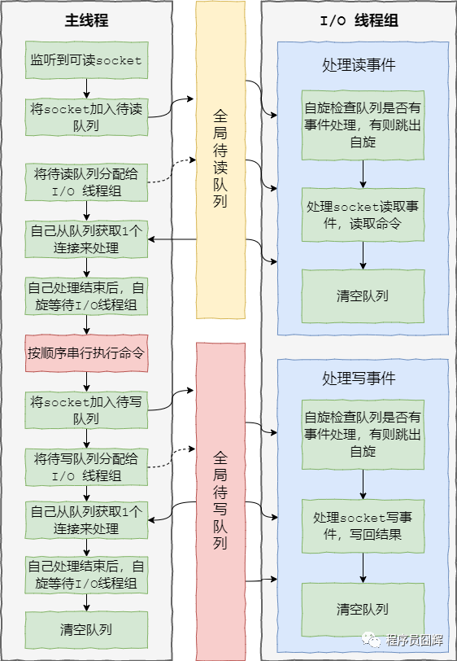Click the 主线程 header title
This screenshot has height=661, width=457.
coord(86,20)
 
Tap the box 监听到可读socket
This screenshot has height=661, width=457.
coord(86,60)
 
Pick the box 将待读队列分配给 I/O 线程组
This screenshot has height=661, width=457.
coord(86,182)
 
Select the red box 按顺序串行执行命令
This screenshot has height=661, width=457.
coord(86,354)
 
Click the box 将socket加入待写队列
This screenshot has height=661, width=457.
coord(86,410)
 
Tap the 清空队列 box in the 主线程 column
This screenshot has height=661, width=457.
coord(86,629)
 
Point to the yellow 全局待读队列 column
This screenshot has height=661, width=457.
coord(220,171)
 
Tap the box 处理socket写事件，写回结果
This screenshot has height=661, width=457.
coord(363,526)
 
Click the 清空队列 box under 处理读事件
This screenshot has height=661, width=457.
coord(363,295)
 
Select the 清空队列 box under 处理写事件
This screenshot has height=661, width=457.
coord(363,609)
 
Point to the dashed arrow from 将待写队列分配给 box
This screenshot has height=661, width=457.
coord(172,457)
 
